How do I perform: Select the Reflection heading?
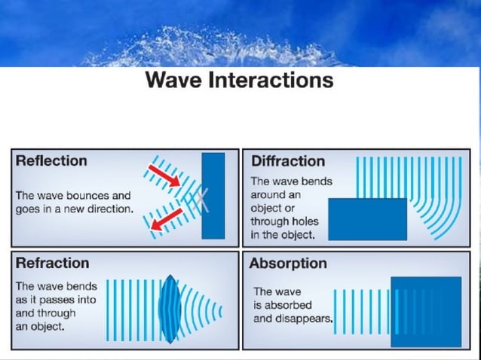[51, 160]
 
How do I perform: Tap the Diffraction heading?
[287, 160]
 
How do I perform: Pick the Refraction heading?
[52, 263]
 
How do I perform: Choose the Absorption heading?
[288, 263]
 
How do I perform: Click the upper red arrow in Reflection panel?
[164, 175]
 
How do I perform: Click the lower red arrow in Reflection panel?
[167, 220]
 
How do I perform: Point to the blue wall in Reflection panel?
[213, 196]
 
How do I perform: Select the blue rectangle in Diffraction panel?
[368, 219]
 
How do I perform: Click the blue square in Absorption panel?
[426, 311]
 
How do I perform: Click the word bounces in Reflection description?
[78, 195]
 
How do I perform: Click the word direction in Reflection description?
[110, 209]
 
